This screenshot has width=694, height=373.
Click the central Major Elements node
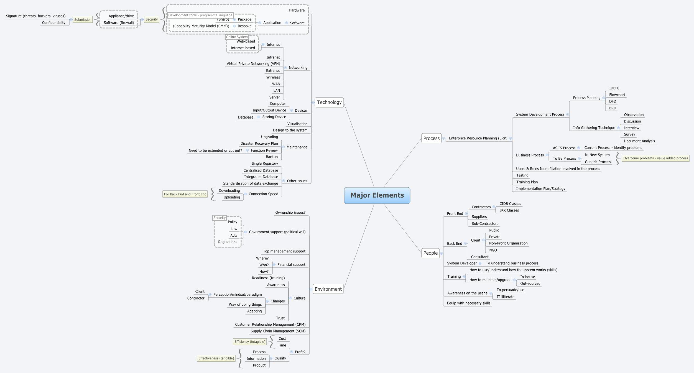click(x=377, y=195)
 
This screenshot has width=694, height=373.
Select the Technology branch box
click(x=329, y=102)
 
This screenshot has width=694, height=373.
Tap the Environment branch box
click(x=328, y=289)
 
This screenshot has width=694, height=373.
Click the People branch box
click(x=430, y=253)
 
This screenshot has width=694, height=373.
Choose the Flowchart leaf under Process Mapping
click(x=617, y=95)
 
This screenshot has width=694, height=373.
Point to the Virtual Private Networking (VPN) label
click(x=253, y=64)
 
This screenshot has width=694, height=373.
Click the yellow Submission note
click(x=83, y=20)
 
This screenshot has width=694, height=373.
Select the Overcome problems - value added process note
click(x=655, y=158)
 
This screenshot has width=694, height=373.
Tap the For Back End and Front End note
click(x=185, y=194)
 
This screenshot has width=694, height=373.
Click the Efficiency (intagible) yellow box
click(x=250, y=342)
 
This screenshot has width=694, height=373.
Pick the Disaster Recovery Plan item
click(x=259, y=144)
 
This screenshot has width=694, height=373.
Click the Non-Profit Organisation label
click(x=508, y=243)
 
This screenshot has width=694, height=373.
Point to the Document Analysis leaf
click(x=639, y=141)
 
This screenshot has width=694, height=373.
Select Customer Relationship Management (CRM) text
click(x=270, y=325)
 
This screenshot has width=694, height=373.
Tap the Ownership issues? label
click(x=290, y=213)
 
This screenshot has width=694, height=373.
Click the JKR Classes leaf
click(x=509, y=210)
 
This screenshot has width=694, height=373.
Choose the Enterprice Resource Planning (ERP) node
click(x=478, y=138)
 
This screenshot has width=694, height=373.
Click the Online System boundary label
click(x=237, y=37)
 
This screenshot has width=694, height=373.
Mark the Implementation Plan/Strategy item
click(x=540, y=189)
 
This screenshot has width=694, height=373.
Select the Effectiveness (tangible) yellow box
click(x=216, y=358)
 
